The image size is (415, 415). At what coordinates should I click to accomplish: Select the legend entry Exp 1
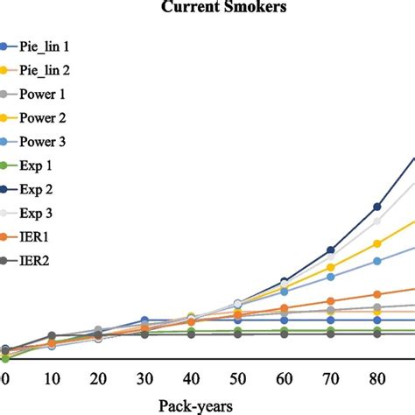coord(39,164)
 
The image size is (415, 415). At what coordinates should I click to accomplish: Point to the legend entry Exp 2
coord(39,188)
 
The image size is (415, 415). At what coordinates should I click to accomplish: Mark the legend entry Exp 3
coord(39,212)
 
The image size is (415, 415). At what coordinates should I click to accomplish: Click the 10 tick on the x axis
coord(51,378)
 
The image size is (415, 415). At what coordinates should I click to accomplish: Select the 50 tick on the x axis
coord(237,378)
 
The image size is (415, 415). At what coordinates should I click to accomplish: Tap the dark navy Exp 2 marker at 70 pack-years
coord(331,250)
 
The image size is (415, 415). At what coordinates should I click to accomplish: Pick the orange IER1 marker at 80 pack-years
coord(377,294)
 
